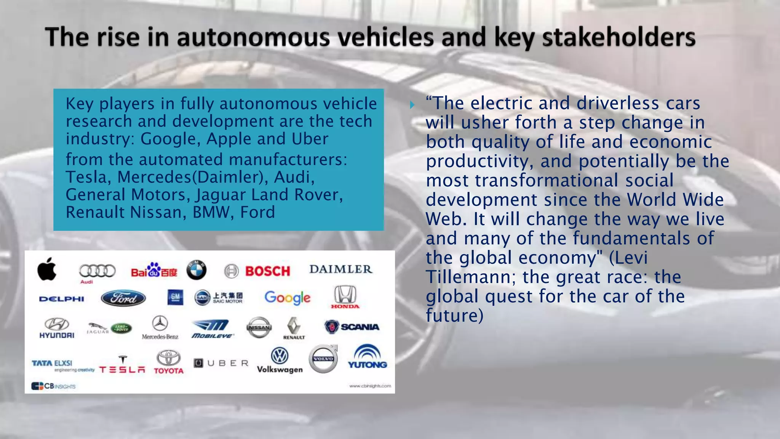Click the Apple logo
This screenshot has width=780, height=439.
click(47, 269)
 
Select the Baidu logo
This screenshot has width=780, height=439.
click(154, 271)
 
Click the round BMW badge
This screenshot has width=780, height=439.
click(197, 270)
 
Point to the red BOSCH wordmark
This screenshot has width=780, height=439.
click(267, 271)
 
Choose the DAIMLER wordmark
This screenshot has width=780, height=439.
click(340, 269)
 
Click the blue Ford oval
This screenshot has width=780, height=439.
click(123, 298)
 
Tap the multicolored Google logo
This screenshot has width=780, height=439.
click(288, 297)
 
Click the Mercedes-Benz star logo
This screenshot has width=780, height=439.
click(160, 327)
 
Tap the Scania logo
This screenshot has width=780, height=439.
click(352, 327)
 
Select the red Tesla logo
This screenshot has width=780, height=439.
click(122, 365)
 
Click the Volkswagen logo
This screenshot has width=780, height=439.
click(280, 360)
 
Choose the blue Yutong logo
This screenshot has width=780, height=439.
click(367, 357)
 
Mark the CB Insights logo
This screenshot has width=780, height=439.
click(53, 386)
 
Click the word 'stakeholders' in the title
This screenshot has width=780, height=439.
click(619, 37)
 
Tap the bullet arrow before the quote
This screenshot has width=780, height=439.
click(412, 105)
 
